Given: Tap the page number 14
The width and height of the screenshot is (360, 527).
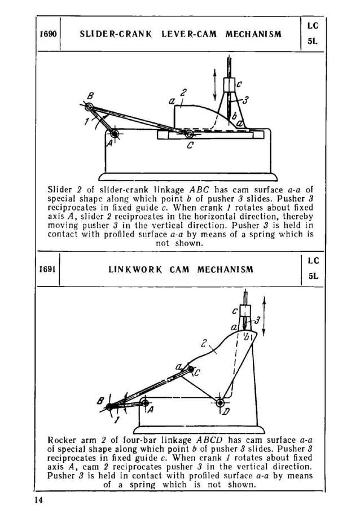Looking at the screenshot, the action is coord(37,500).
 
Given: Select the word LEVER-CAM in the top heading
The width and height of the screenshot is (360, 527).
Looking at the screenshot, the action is coord(189,34).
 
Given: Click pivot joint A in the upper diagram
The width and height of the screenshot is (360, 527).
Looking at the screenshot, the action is coord(115,134).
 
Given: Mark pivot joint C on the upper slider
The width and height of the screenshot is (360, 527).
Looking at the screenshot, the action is coord(189,134).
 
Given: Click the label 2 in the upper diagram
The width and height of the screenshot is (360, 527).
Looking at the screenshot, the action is coord(182,92).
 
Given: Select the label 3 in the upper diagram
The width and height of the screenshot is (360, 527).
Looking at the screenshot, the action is coord(245,100).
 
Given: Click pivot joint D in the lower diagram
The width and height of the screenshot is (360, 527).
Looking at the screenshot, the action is coord(220,402).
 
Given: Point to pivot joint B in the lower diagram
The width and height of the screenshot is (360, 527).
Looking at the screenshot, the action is coord(109,406).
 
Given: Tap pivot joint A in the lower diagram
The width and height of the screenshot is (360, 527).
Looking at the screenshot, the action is coord(146,403).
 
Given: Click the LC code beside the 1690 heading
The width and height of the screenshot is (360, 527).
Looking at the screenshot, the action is coord(313,25).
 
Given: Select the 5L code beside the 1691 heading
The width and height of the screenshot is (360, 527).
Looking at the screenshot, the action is coord(313,276).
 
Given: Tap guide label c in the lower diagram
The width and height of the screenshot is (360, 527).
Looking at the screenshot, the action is coord(234,311).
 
